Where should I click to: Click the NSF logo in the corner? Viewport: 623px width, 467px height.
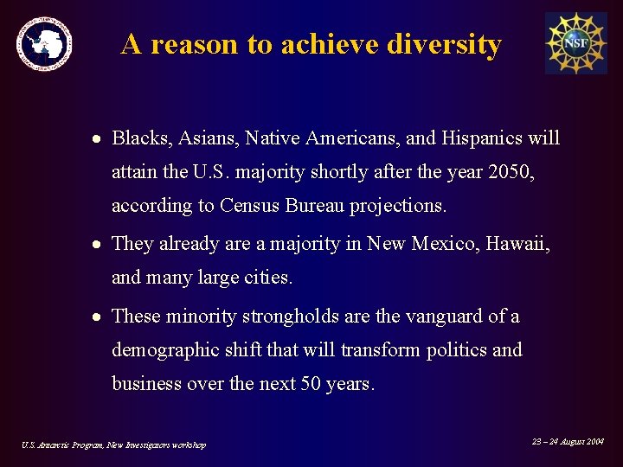(x=575, y=43)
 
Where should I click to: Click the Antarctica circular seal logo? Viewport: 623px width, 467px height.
(x=45, y=43)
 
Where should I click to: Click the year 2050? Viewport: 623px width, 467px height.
(x=511, y=172)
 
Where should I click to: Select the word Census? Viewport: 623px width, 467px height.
(x=250, y=206)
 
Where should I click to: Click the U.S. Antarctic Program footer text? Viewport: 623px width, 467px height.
(x=113, y=445)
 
